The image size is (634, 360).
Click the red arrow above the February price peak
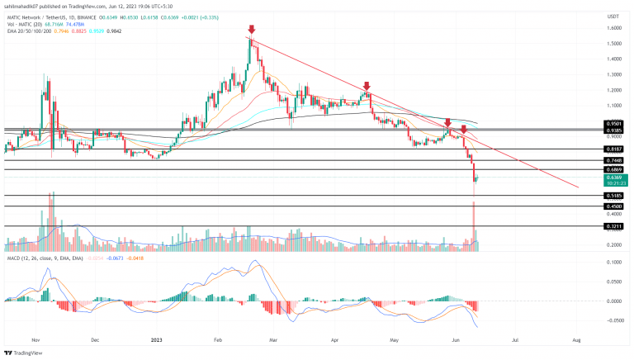click(x=250, y=29)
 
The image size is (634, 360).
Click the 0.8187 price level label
click(x=613, y=149)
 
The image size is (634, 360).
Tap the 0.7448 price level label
click(x=613, y=160)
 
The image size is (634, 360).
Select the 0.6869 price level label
click(x=613, y=169)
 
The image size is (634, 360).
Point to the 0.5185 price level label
click(x=613, y=196)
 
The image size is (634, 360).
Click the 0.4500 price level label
click(x=613, y=206)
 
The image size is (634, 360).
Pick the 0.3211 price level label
click(x=613, y=225)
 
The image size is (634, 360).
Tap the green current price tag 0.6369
click(x=613, y=177)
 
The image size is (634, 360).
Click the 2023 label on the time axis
click(x=156, y=339)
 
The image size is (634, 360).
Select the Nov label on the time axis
click(x=35, y=339)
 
